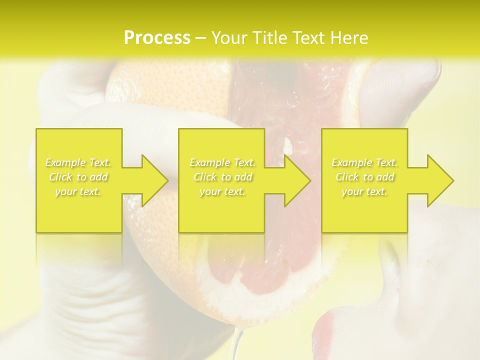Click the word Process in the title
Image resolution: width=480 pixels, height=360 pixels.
[157, 38]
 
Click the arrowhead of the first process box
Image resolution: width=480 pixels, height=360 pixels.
[152, 180]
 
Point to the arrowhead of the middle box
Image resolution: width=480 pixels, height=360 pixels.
[295, 180]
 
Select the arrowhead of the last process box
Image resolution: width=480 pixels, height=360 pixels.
[438, 180]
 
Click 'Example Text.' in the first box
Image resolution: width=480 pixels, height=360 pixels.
[78, 162]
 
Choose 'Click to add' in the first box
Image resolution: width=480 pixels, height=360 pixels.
[78, 177]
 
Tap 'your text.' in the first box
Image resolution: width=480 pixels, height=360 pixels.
[78, 191]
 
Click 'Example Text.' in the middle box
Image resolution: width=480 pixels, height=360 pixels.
[222, 162]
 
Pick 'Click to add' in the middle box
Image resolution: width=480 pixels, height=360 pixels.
[222, 177]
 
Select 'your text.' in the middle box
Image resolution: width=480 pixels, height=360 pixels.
[222, 191]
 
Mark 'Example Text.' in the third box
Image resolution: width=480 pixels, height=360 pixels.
[364, 162]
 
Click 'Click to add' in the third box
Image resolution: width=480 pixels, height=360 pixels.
[364, 177]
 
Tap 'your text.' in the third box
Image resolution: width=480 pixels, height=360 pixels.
[364, 191]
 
